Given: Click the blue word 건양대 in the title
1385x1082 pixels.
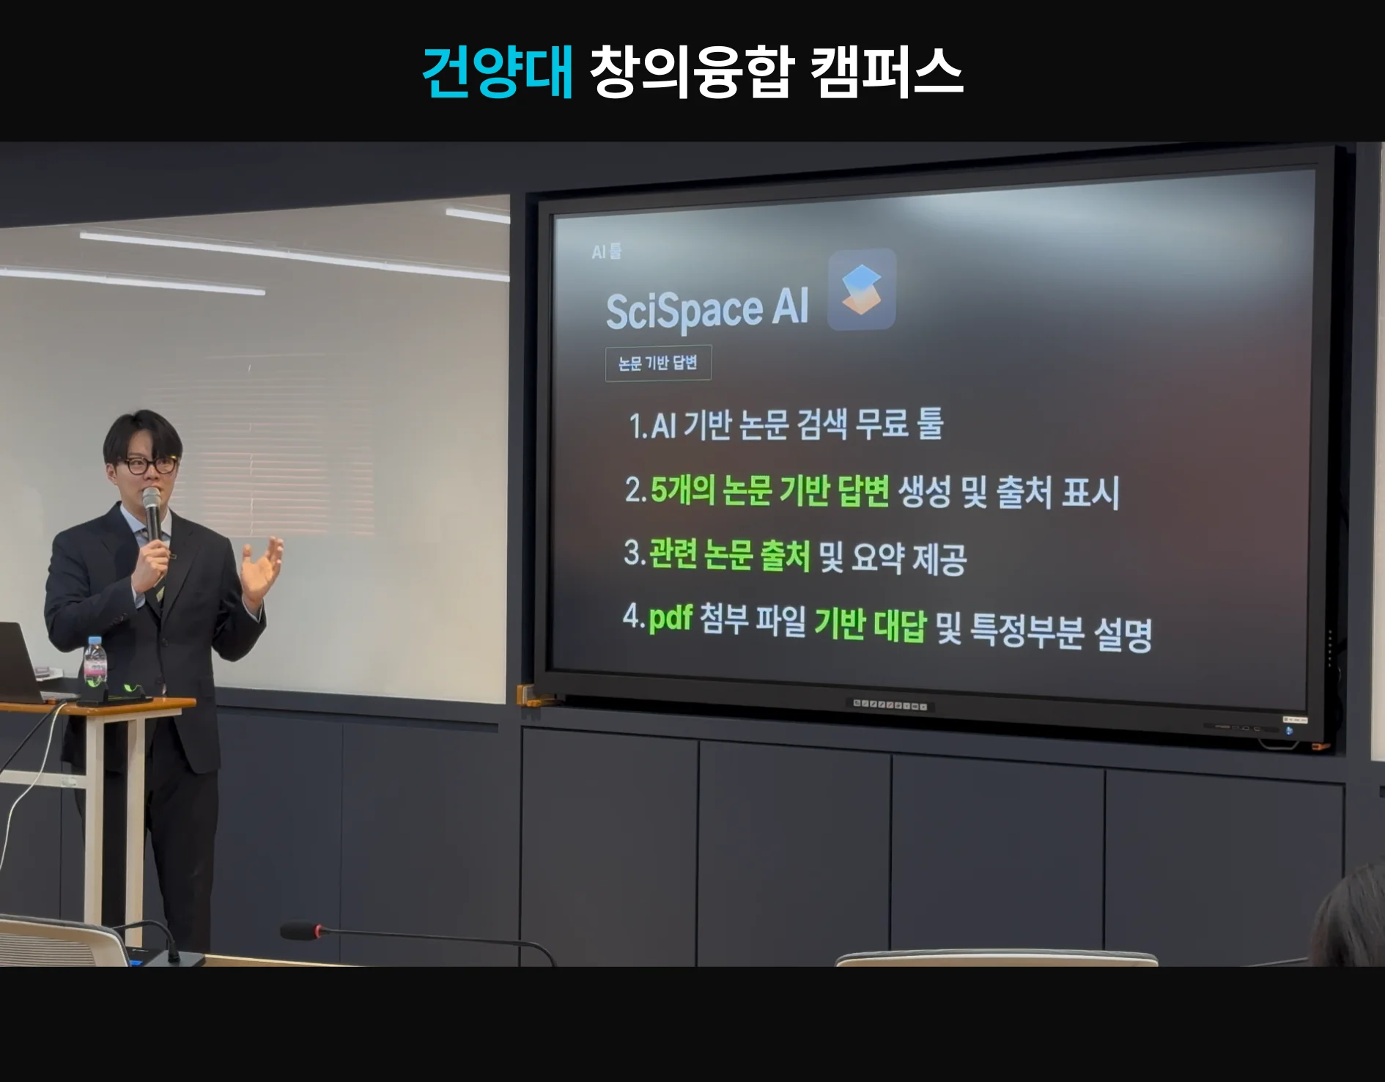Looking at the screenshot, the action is [x=498, y=72].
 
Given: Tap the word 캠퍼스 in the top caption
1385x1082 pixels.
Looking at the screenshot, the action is [x=887, y=72].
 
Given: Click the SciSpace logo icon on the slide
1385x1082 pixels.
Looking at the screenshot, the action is [x=862, y=290].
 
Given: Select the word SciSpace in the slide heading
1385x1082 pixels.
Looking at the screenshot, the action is [x=684, y=310].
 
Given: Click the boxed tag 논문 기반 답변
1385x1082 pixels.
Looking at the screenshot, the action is [x=658, y=363].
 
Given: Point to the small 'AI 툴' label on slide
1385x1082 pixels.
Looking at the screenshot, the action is [x=607, y=251].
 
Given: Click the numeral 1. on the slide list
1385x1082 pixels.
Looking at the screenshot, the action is [x=638, y=426].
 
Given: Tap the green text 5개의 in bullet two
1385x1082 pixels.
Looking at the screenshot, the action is [x=682, y=490].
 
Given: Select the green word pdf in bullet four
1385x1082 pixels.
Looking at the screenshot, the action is [x=671, y=618].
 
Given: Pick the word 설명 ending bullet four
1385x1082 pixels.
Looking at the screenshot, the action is [x=1123, y=634].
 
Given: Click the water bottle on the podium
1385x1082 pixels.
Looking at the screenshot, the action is [x=95, y=666].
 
